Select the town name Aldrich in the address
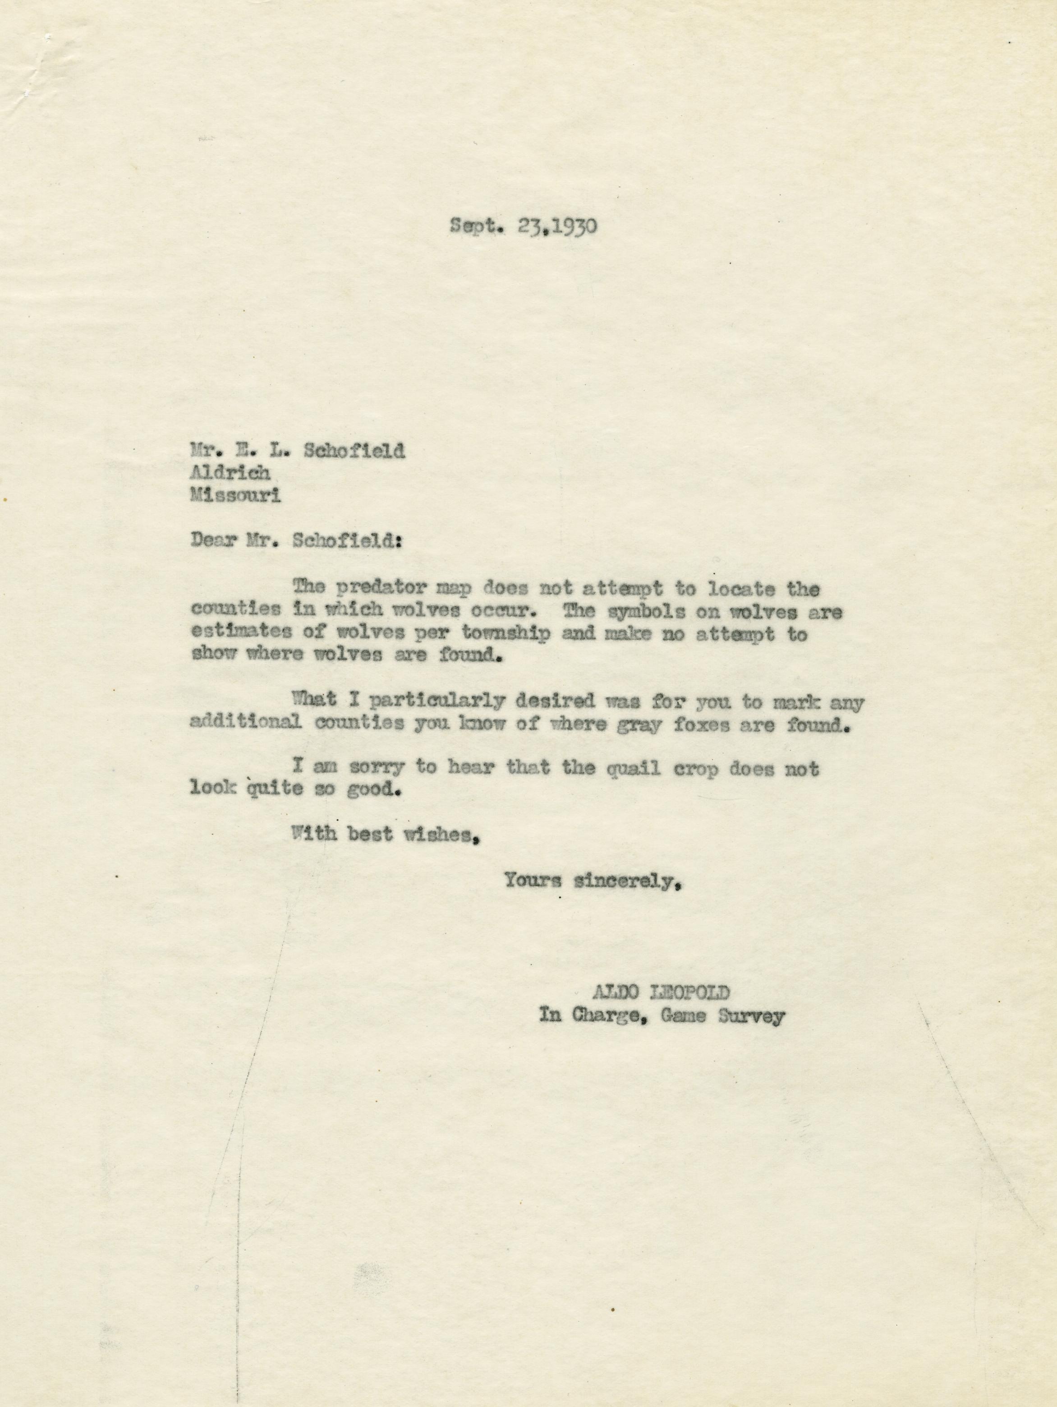click(x=231, y=473)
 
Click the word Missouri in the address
click(x=236, y=496)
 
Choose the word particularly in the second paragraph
click(x=439, y=702)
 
